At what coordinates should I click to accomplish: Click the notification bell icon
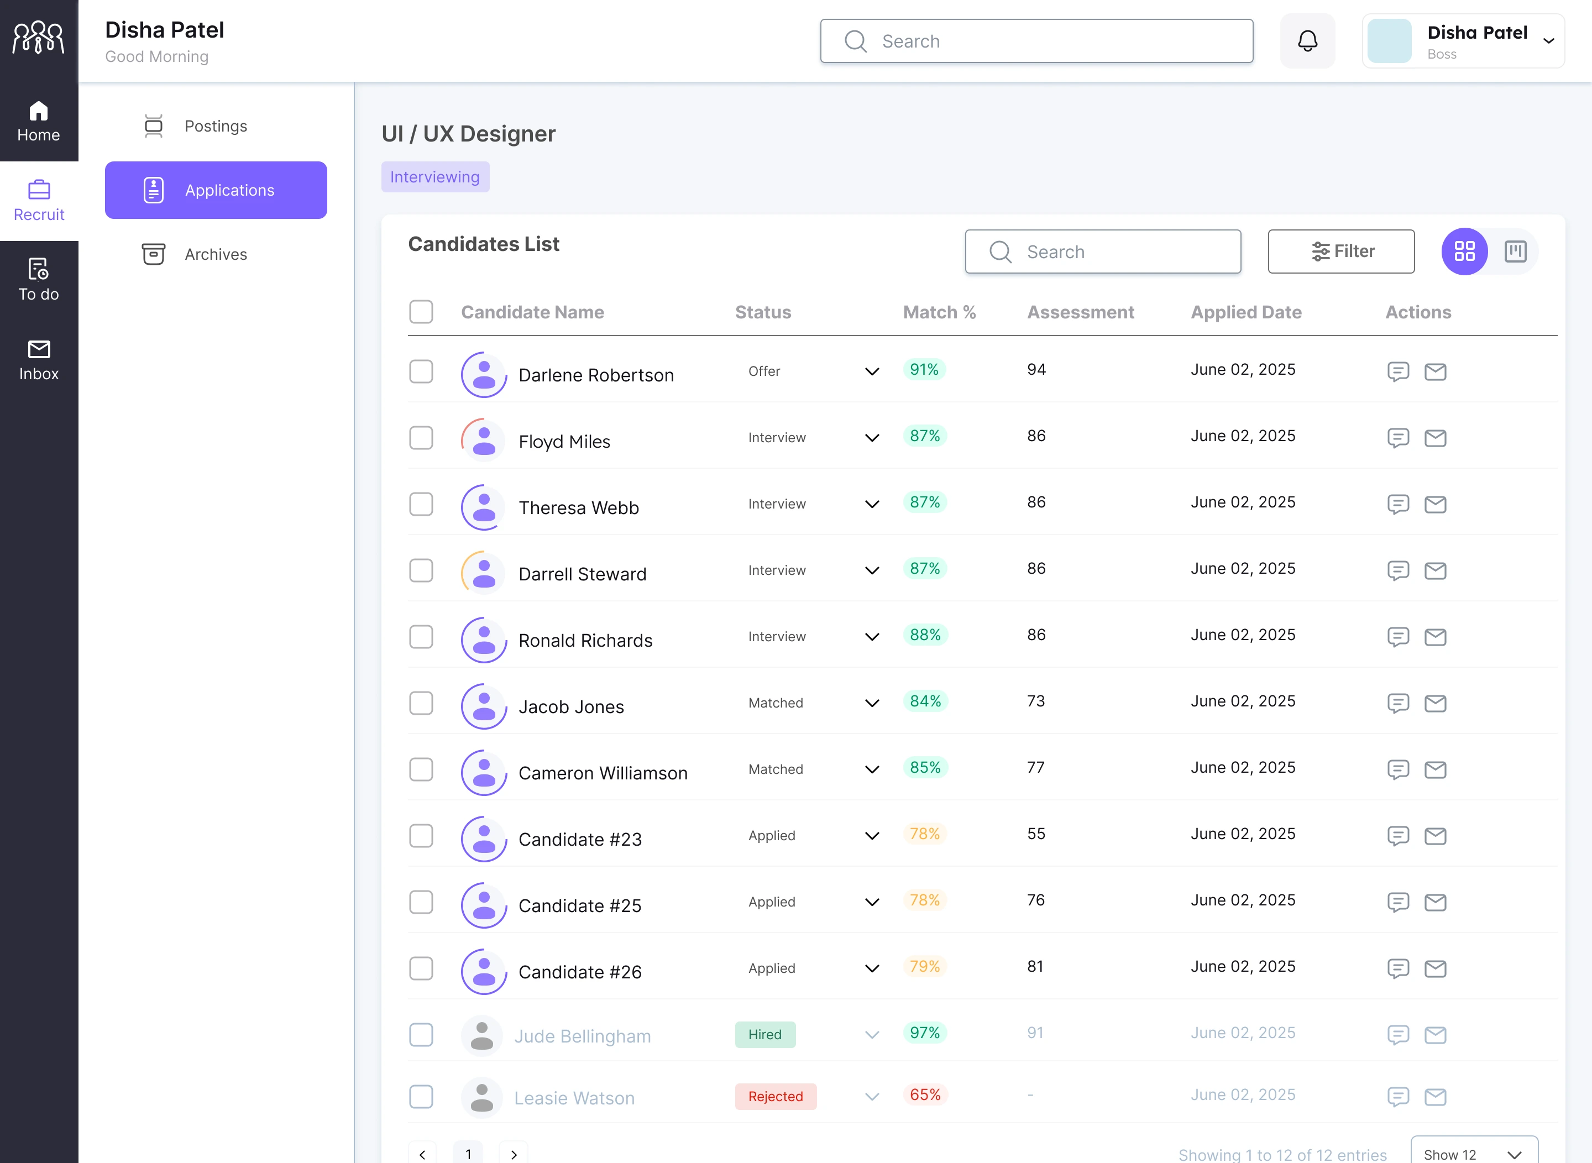click(1307, 41)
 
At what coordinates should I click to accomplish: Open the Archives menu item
click(216, 254)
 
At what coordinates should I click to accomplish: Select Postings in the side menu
click(216, 126)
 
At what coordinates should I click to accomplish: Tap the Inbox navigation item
click(39, 360)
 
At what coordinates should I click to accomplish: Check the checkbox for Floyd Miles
click(421, 438)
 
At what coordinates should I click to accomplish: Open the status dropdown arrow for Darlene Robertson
click(872, 371)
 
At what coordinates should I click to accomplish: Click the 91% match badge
click(924, 370)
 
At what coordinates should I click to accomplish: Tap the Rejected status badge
click(775, 1096)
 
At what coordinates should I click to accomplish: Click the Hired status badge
click(764, 1034)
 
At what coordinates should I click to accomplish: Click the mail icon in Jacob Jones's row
click(1435, 703)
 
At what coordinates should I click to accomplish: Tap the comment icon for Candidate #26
click(1397, 968)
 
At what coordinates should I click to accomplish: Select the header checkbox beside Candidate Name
click(421, 312)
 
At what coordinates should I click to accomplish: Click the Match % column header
click(939, 312)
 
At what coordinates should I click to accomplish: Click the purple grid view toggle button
click(1464, 252)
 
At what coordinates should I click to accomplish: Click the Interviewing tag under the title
click(435, 177)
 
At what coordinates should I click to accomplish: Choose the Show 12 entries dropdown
click(1473, 1154)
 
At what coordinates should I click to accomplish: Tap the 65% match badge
click(924, 1094)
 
